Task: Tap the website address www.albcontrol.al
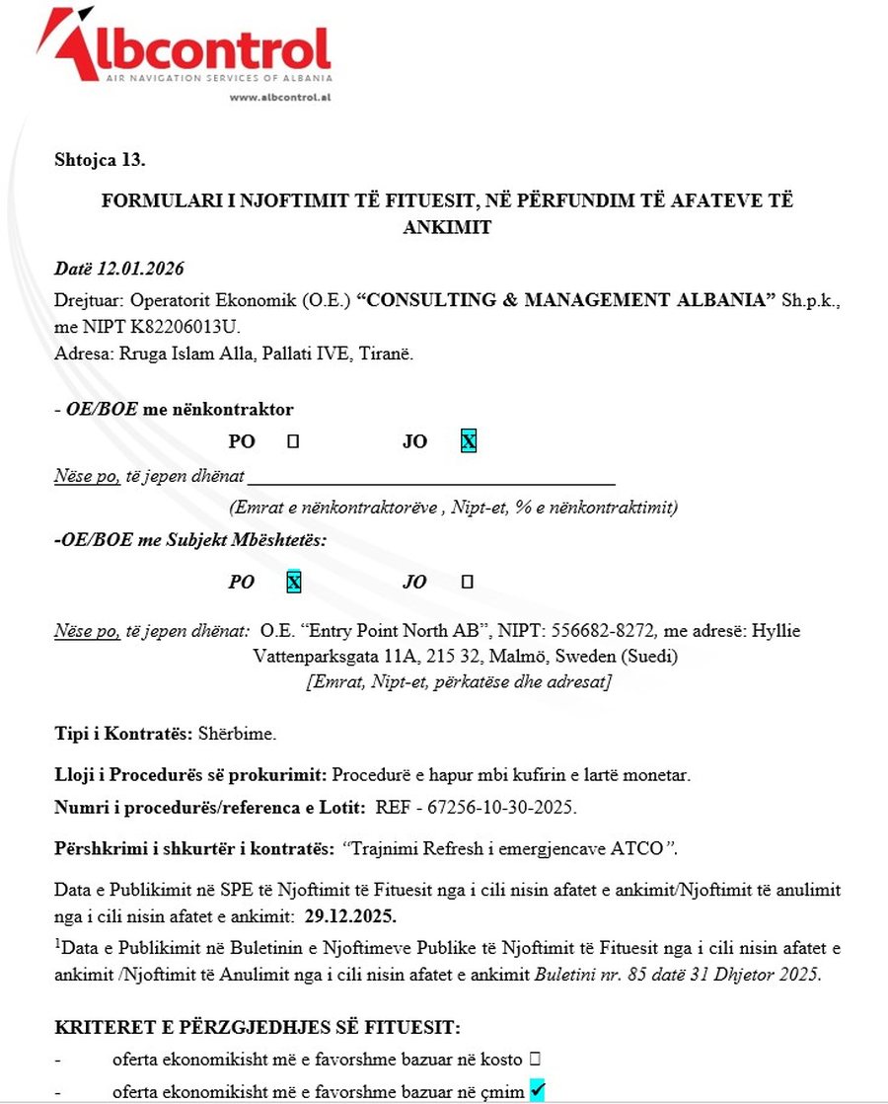[279, 97]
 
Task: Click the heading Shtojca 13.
[100, 159]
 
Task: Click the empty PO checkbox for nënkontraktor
[292, 442]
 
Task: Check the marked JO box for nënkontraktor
[469, 442]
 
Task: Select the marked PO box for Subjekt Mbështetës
[293, 583]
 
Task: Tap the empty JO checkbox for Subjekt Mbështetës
[468, 583]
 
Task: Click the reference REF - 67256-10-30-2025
[476, 807]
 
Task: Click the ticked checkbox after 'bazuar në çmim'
[537, 1089]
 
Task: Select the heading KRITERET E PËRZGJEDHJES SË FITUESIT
[258, 1027]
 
